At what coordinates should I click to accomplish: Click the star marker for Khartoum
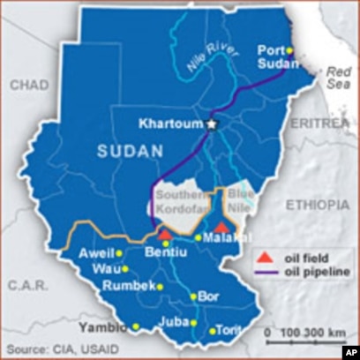click(211, 125)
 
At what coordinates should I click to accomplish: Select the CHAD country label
click(30, 84)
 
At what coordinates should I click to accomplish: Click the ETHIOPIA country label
click(317, 204)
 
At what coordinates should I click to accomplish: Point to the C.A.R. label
click(26, 285)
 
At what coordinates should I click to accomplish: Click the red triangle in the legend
click(264, 259)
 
